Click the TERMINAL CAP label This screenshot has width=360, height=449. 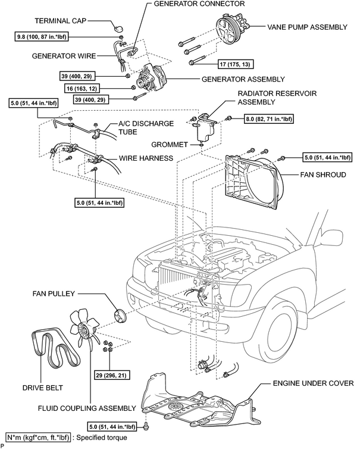click(60, 21)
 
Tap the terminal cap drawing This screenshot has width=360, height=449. click(118, 29)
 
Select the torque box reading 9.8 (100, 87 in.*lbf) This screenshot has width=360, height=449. click(42, 37)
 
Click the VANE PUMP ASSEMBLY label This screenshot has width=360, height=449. click(308, 27)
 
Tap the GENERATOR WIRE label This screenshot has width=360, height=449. click(64, 56)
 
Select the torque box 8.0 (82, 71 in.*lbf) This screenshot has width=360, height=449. click(269, 119)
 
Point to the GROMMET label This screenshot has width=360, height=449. click(170, 145)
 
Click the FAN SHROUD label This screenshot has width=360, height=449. click(323, 174)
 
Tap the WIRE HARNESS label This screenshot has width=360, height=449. click(146, 158)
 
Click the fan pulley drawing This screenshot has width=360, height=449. click(120, 317)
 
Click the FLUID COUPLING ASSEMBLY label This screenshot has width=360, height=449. click(87, 408)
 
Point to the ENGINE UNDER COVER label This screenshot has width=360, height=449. click(314, 383)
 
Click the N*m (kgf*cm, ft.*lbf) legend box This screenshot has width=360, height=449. click(38, 438)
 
